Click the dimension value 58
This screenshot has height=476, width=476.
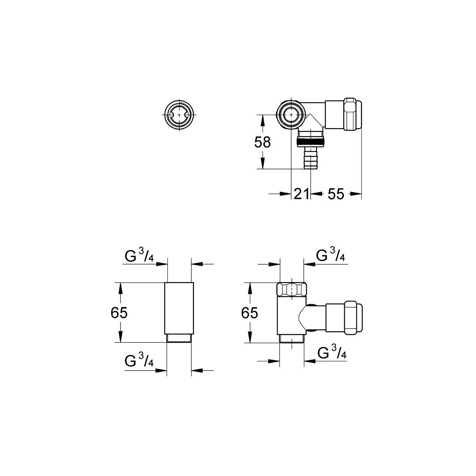point(262,142)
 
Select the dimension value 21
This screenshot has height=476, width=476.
point(301,194)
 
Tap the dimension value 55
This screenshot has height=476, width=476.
point(336,194)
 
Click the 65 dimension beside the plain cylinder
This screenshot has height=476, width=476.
point(119,313)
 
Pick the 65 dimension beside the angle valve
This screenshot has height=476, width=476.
point(250,313)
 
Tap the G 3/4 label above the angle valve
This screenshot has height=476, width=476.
point(330,255)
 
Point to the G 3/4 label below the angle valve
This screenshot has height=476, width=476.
point(332,352)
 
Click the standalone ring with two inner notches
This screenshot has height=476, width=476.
point(179,115)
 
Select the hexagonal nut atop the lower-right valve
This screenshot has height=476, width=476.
point(292,290)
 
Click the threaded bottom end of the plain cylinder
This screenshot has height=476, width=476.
point(179,338)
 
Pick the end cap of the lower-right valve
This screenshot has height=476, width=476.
point(353,318)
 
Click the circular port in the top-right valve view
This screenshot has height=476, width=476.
point(292,115)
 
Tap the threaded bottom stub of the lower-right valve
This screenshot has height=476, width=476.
point(292,338)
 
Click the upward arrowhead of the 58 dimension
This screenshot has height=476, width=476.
point(263,121)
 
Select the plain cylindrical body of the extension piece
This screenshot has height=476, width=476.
point(179,308)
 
